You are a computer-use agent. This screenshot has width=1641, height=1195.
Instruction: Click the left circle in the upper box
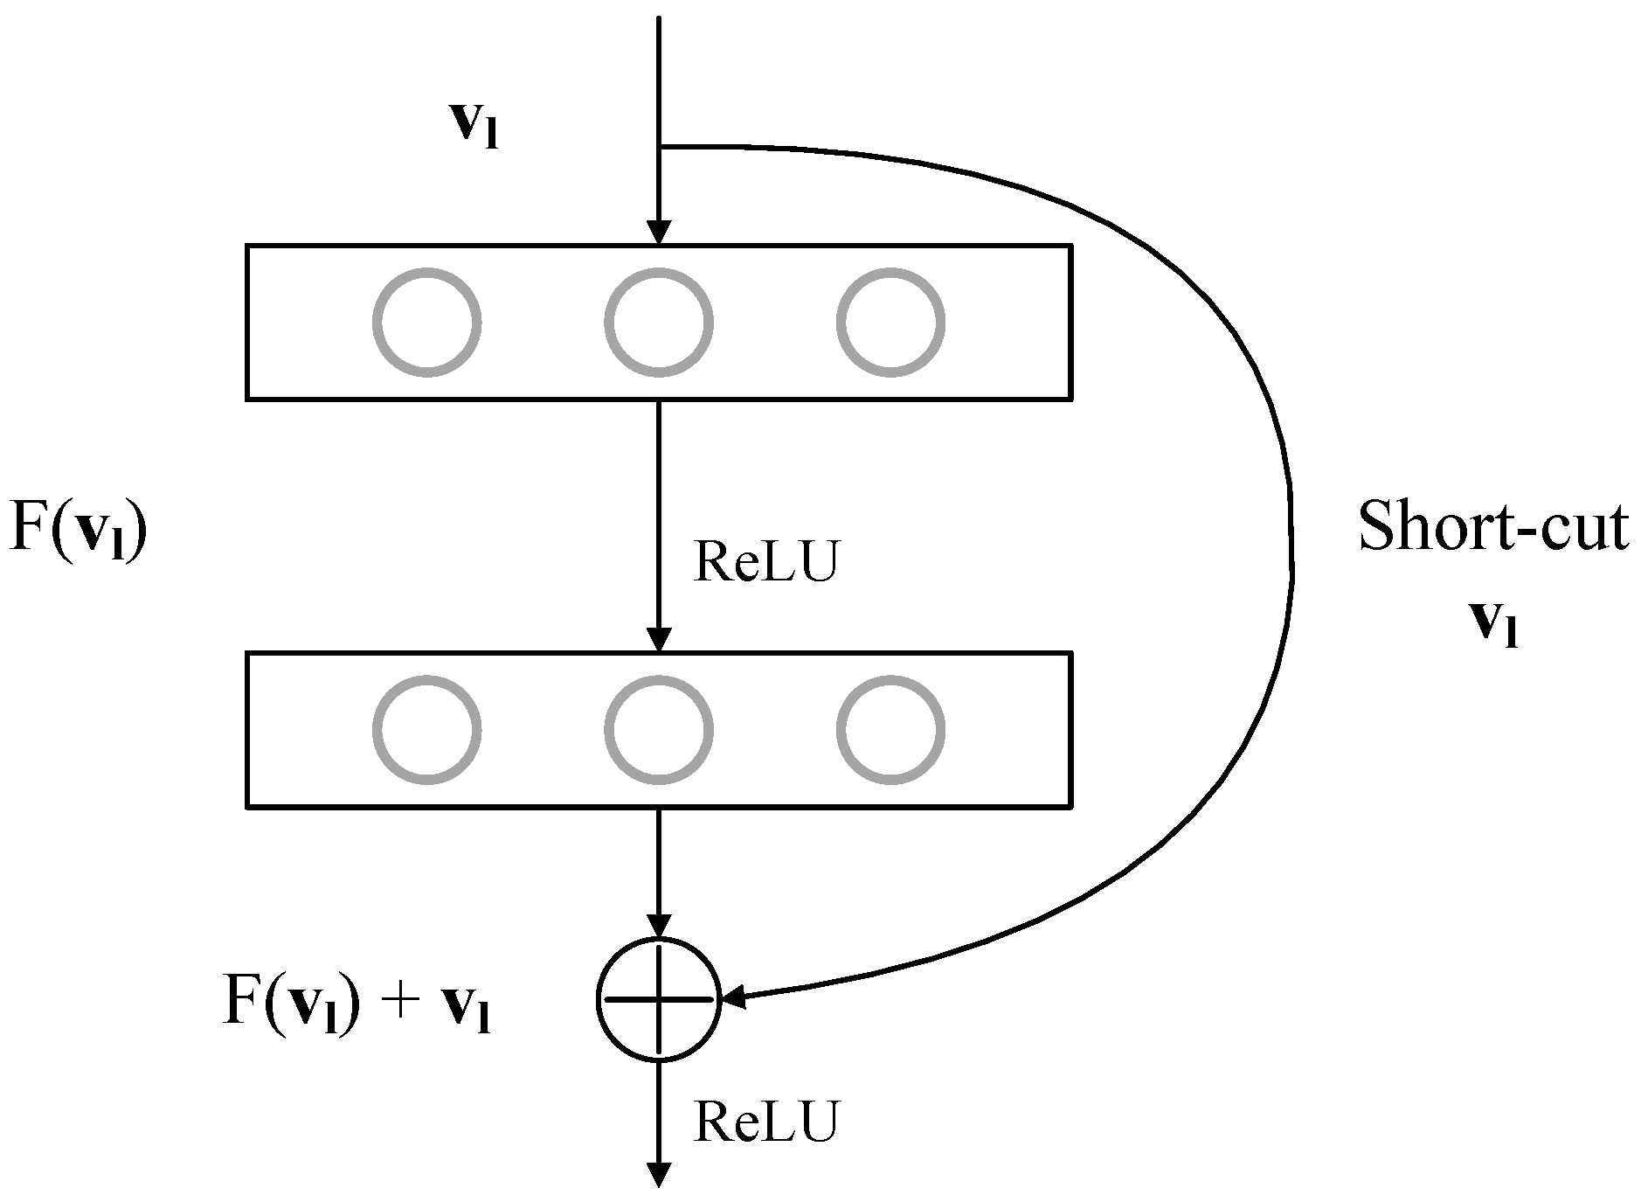click(427, 322)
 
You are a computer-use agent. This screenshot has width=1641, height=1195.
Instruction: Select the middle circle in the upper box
click(659, 322)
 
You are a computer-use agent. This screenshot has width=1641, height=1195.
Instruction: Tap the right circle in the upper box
click(890, 322)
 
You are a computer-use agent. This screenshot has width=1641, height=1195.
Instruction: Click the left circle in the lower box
click(427, 729)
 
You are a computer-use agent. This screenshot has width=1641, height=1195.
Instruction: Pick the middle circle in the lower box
click(659, 729)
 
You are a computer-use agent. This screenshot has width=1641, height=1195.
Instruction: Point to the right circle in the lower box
click(890, 729)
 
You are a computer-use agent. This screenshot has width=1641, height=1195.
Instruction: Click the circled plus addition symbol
click(659, 998)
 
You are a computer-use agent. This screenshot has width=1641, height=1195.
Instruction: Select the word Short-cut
click(1493, 527)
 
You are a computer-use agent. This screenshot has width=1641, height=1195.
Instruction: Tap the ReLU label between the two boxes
click(765, 560)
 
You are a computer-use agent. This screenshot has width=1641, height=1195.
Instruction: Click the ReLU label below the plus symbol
click(765, 1121)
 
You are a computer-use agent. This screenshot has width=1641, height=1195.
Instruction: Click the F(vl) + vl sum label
click(357, 1003)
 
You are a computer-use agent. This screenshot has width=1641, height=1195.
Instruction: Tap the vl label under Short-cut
click(1493, 622)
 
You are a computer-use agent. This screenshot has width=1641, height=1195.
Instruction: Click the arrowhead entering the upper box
click(659, 232)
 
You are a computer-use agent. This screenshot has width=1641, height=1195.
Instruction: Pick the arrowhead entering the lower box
click(659, 639)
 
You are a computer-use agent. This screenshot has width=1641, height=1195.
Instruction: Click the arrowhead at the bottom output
click(659, 1177)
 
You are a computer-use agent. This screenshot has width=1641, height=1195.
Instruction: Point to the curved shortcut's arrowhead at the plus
click(734, 997)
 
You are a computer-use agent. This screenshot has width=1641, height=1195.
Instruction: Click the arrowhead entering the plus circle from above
click(659, 926)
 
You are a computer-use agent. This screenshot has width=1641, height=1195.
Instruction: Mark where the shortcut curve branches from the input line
click(660, 146)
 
